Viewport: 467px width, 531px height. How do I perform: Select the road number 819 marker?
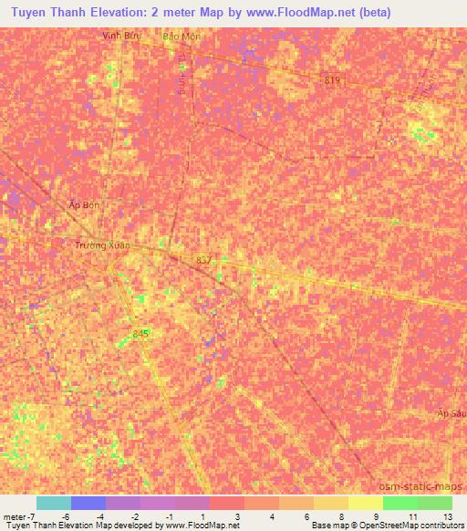point(332,81)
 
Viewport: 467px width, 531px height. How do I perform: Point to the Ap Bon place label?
point(84,205)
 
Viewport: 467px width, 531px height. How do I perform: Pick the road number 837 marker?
point(203,260)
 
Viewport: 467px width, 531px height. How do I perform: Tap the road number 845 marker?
point(140,334)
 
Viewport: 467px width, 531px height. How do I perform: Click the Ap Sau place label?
point(451,413)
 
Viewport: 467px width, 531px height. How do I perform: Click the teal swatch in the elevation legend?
point(53,503)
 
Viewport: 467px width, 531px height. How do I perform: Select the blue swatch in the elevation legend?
point(88,503)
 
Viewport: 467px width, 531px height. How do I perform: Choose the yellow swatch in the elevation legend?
point(365,503)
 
